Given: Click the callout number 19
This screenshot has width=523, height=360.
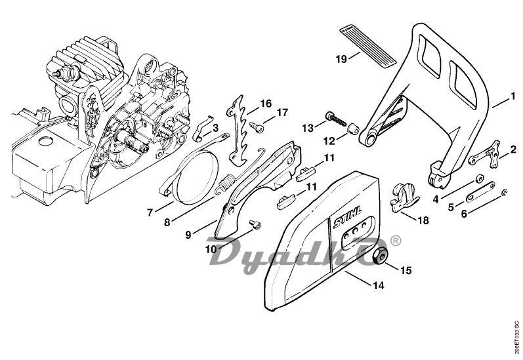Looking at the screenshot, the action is point(341,59).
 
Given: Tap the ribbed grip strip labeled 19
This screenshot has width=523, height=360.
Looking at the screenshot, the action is point(367,46).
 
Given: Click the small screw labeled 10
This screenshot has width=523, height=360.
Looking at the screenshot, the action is point(256,225).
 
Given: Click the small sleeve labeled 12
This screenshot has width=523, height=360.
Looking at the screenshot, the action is point(353,129).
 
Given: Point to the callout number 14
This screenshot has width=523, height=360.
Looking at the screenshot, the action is point(379,285).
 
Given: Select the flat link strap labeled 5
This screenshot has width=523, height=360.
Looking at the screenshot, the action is point(480,192).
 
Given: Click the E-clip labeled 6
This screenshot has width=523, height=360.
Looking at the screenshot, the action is point(505,193).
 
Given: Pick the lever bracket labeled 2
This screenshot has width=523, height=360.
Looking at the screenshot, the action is point(486,154).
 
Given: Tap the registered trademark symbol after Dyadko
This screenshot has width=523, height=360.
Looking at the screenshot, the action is point(395,241).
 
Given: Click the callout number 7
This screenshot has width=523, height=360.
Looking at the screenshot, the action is point(150,212).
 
